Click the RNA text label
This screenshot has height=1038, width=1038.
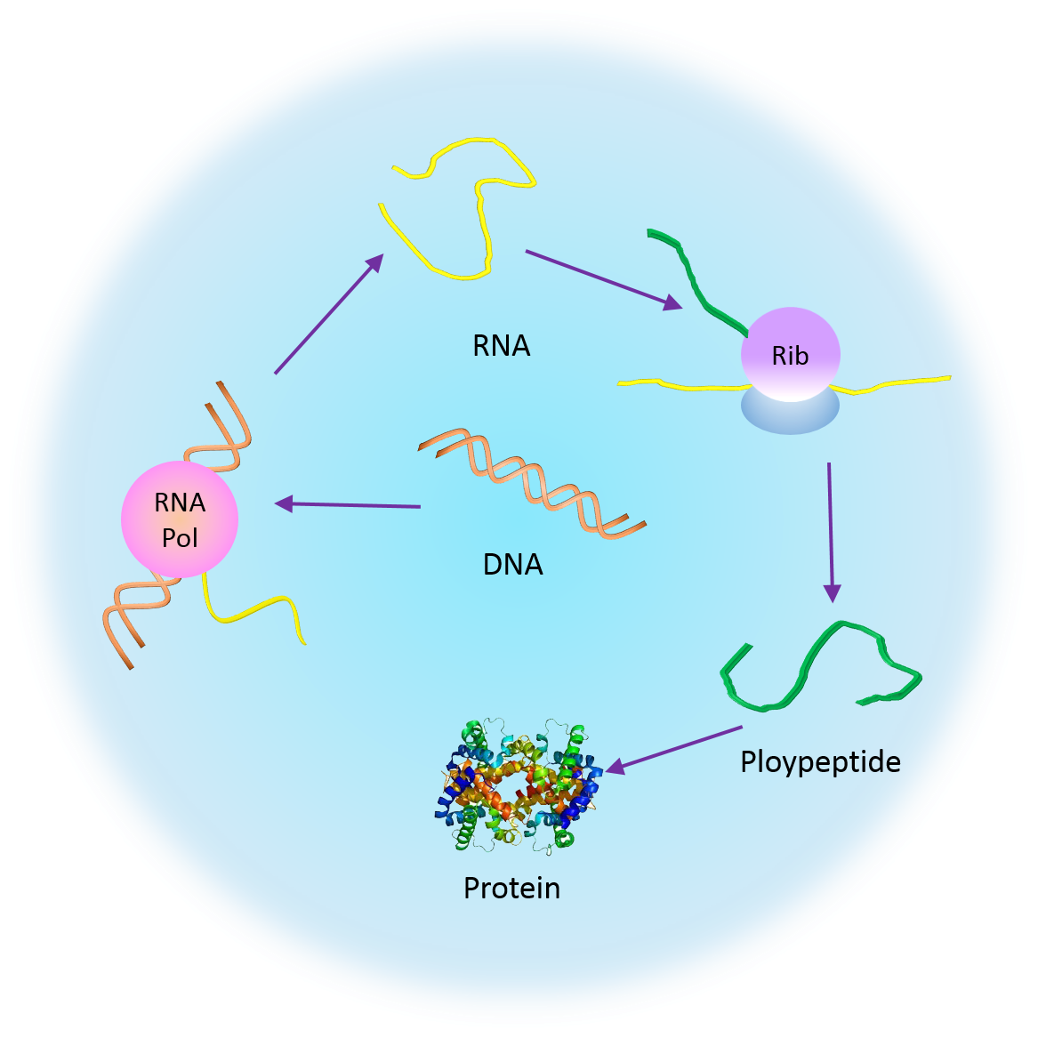pyautogui.click(x=501, y=346)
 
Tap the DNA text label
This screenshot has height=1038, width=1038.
pyautogui.click(x=512, y=564)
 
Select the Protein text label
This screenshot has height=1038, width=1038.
pyautogui.click(x=511, y=888)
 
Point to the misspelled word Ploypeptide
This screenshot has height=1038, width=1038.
pyautogui.click(x=820, y=762)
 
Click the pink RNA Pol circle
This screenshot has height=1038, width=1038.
pyautogui.click(x=180, y=519)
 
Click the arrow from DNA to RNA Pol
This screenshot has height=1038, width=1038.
pyautogui.click(x=348, y=505)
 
